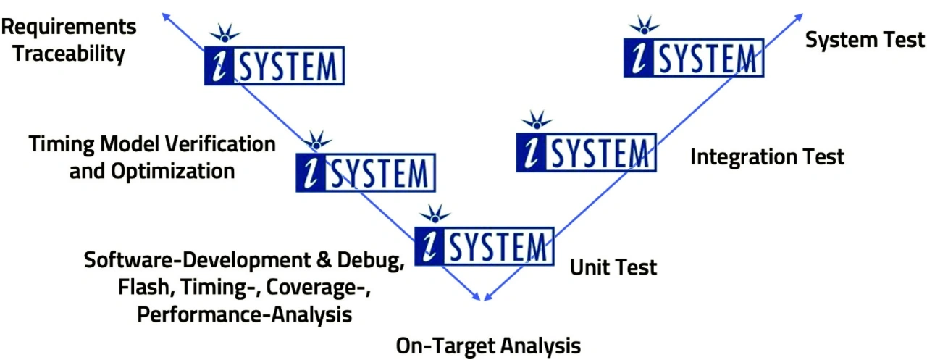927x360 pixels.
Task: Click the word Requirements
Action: click(x=69, y=28)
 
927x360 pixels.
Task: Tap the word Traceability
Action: click(x=69, y=54)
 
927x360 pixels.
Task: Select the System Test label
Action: click(x=865, y=40)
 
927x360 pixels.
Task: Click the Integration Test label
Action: click(x=767, y=157)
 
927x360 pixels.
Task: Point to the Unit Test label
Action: click(x=613, y=267)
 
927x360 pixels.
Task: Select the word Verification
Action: click(x=220, y=144)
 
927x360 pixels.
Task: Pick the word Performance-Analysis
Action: click(x=245, y=314)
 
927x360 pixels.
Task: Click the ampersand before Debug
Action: click(x=324, y=260)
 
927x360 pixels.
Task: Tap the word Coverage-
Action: click(x=318, y=287)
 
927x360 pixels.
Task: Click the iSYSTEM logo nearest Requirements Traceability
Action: click(x=274, y=66)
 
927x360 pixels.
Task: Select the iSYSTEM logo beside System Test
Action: click(x=694, y=57)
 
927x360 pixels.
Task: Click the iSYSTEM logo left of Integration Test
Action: click(x=587, y=152)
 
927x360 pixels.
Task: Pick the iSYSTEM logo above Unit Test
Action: click(x=485, y=246)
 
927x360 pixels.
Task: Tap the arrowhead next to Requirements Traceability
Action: click(x=166, y=17)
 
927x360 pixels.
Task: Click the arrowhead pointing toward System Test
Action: click(x=799, y=17)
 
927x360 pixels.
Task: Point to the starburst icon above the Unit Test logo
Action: click(x=435, y=214)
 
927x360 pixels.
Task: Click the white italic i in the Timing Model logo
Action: click(x=311, y=173)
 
